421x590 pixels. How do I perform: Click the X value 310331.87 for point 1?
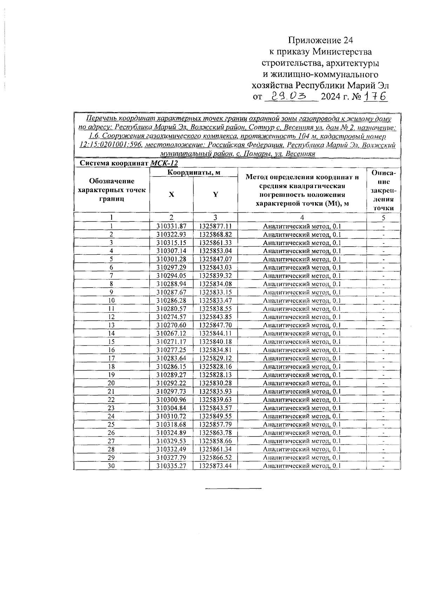(171, 226)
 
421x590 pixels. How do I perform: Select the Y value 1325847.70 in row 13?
(215, 325)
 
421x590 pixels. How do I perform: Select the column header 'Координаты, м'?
(193, 172)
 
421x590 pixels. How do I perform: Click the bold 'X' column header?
(171, 194)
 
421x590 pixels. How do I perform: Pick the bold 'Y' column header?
(215, 194)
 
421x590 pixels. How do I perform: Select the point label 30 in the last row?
(111, 466)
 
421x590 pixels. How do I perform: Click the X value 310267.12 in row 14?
(171, 333)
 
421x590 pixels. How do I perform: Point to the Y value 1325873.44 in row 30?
(215, 466)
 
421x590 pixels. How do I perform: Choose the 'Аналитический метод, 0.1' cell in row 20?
(302, 383)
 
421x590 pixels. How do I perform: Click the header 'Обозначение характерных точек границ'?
(112, 190)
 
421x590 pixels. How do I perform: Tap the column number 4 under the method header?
(302, 218)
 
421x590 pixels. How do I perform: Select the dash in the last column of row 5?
(383, 260)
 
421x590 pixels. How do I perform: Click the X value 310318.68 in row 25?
(171, 424)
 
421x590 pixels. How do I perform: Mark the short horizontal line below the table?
(233, 488)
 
